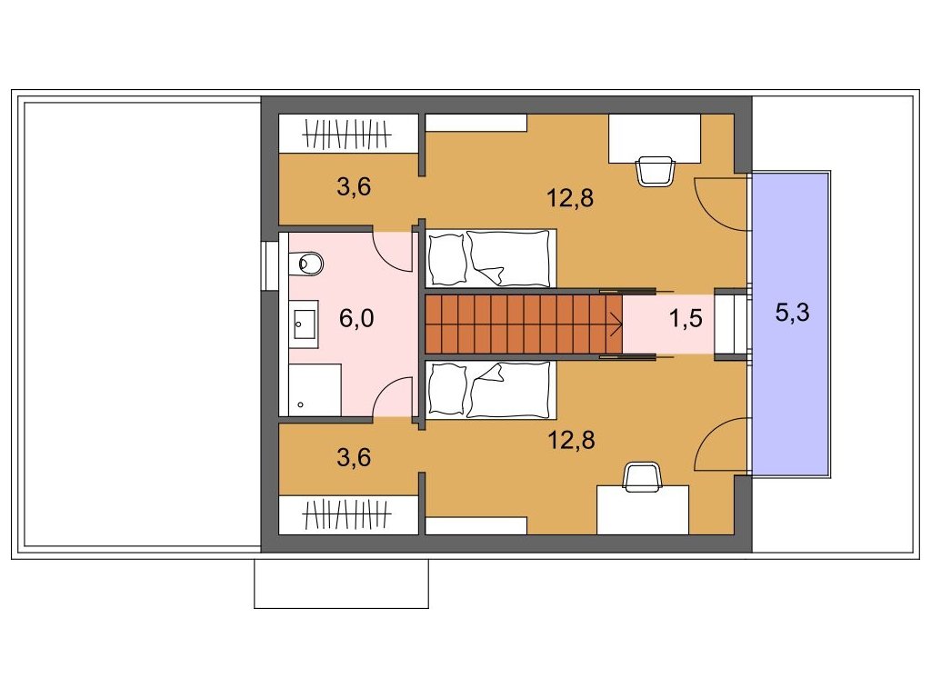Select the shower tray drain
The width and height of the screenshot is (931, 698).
(x=300, y=404)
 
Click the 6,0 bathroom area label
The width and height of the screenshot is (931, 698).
(x=356, y=318)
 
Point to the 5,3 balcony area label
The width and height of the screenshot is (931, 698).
(x=792, y=313)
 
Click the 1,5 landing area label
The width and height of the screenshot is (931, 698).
(x=686, y=319)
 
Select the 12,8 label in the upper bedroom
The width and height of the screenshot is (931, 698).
(x=570, y=197)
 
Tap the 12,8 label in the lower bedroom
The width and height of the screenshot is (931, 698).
(x=571, y=440)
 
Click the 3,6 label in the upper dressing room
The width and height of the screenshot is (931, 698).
(x=354, y=186)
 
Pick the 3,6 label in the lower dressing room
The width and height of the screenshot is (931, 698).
(x=354, y=457)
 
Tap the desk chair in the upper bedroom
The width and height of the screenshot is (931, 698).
(x=656, y=172)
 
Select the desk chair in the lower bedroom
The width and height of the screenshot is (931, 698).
(x=643, y=478)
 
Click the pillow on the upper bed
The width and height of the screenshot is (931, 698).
(x=446, y=259)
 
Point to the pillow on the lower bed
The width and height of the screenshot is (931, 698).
(x=446, y=389)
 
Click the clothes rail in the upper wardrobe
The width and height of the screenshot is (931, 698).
(x=346, y=135)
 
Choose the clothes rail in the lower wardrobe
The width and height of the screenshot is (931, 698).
(x=346, y=514)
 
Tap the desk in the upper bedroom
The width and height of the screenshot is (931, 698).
(x=655, y=138)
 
